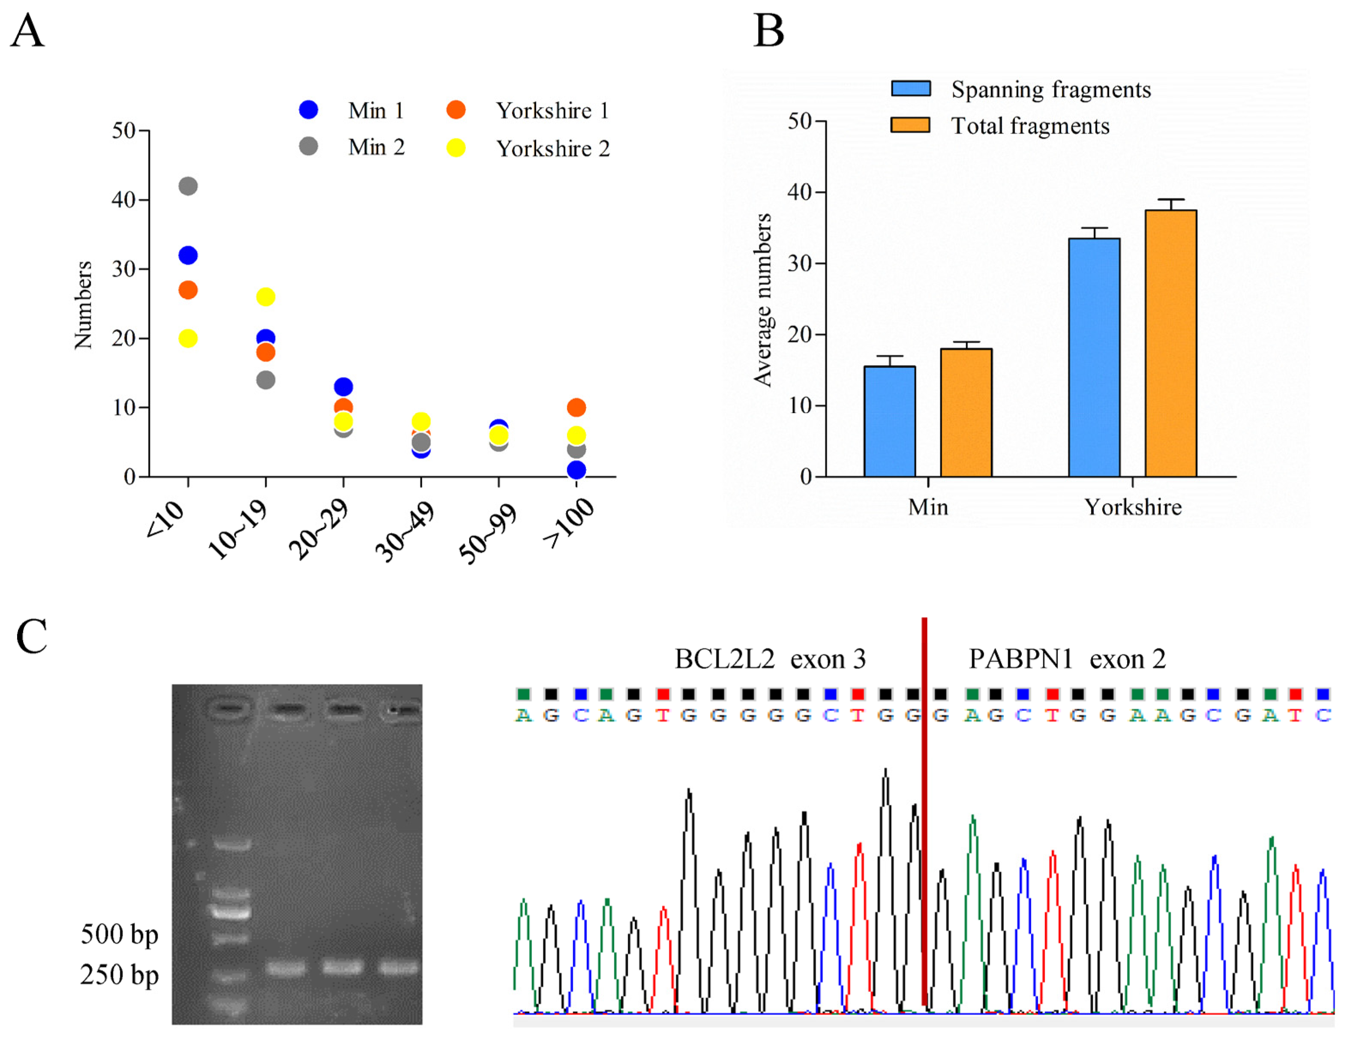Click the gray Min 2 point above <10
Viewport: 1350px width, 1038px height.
tap(188, 186)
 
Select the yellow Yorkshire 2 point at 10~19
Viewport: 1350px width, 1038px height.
tap(266, 297)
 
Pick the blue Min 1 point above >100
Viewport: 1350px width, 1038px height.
tap(576, 470)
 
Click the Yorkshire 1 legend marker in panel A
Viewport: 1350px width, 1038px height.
tap(456, 110)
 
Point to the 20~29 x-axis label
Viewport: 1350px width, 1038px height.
tap(319, 530)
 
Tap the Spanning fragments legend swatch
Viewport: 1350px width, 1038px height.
tap(910, 88)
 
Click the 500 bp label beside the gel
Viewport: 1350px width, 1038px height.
tap(119, 934)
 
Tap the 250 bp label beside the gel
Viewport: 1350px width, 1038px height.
tap(119, 975)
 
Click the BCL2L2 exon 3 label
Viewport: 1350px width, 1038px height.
tap(770, 659)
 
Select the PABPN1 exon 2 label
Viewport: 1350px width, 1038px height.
tap(1067, 659)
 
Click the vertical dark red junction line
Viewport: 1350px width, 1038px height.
tap(924, 803)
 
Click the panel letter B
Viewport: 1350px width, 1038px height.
tap(768, 31)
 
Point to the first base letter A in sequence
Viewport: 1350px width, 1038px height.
tap(523, 715)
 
